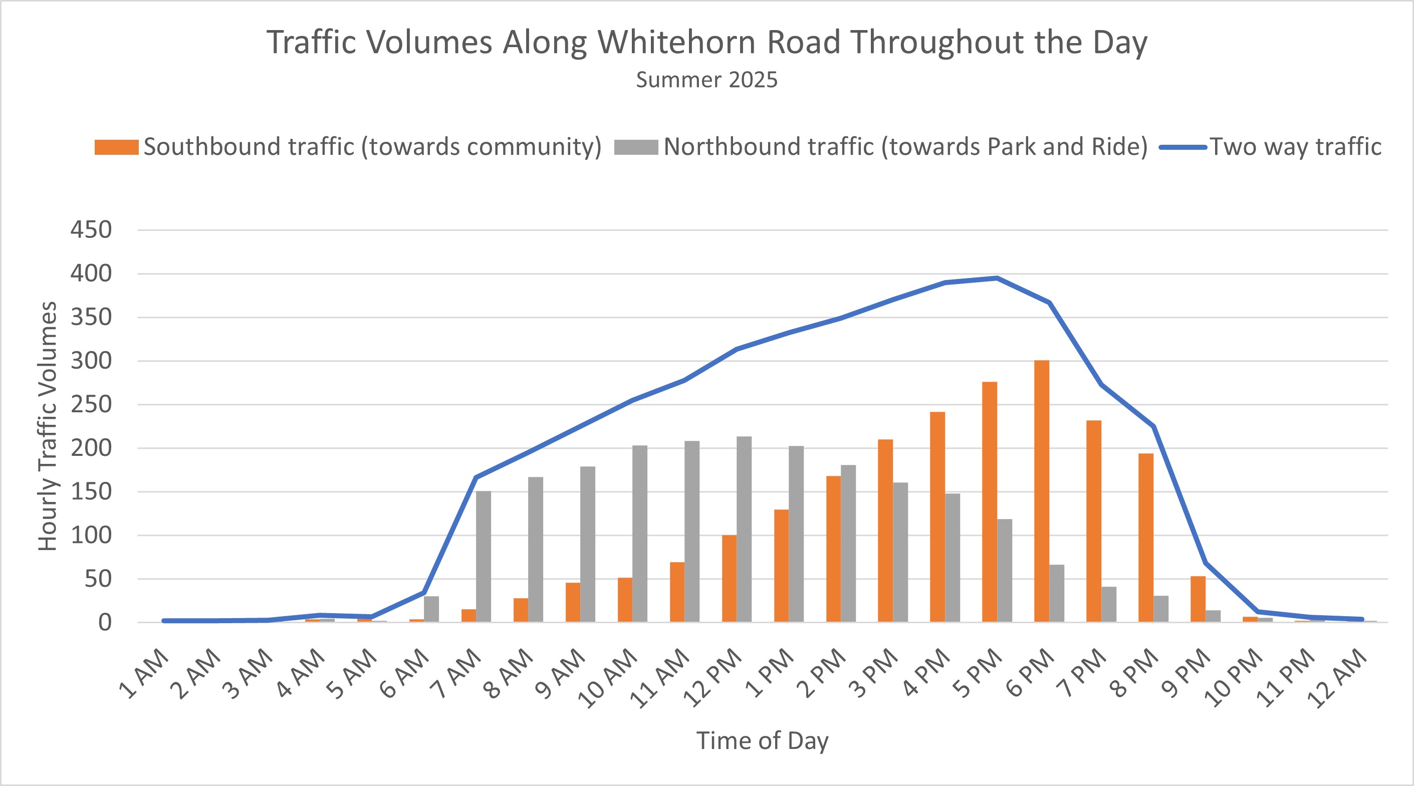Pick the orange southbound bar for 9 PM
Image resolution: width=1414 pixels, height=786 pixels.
click(1198, 599)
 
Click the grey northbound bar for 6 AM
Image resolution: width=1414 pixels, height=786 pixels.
click(431, 609)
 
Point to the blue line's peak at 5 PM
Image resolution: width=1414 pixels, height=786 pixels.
click(996, 279)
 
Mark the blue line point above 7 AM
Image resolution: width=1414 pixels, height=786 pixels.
click(476, 477)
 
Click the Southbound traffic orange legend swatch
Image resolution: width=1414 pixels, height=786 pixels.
click(116, 147)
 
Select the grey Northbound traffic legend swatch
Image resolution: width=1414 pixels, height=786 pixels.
click(636, 147)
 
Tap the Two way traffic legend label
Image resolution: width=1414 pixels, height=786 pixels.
click(1295, 147)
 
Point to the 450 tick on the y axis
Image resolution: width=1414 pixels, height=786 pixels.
click(91, 230)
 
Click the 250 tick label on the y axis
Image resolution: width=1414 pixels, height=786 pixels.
click(91, 405)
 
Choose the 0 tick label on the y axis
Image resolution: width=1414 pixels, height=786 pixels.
click(104, 622)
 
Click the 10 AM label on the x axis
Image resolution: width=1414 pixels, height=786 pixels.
click(608, 679)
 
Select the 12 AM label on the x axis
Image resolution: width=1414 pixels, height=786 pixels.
click(1337, 679)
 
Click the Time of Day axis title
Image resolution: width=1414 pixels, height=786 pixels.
click(762, 741)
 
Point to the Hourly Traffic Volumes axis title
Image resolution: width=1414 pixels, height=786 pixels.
click(48, 426)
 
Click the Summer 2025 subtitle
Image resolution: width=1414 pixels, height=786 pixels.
click(706, 80)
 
